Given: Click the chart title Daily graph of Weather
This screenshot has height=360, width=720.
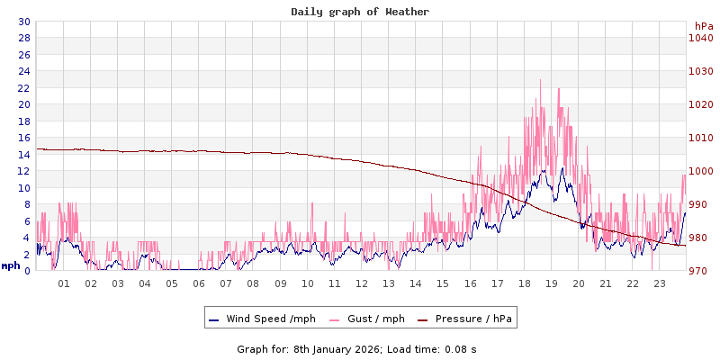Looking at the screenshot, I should pos(360,12).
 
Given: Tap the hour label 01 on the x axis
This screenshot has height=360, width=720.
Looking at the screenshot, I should pos(64,283).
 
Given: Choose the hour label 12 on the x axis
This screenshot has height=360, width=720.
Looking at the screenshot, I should pos(362,283).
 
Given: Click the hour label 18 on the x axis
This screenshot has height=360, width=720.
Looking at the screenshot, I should pos(525,283).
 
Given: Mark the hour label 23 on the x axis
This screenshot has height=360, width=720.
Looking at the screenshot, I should pos(660,283).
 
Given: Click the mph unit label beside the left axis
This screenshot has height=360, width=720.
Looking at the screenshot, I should pos(11,265).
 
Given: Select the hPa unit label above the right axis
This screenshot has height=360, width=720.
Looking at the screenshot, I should pos(704,26).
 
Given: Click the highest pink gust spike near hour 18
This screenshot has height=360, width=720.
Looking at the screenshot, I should pos(540,81).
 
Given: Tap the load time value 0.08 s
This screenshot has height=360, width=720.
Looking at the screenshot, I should pos(461,348).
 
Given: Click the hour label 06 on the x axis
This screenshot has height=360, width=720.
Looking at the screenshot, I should pos(199,283).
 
